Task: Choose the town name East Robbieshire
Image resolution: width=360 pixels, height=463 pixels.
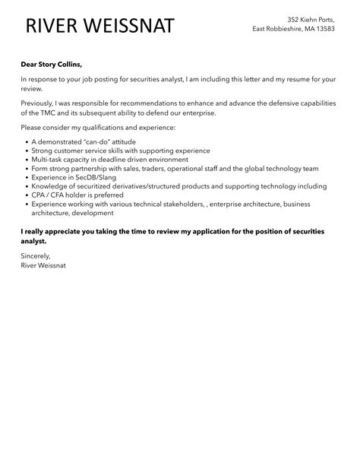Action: (283, 29)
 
